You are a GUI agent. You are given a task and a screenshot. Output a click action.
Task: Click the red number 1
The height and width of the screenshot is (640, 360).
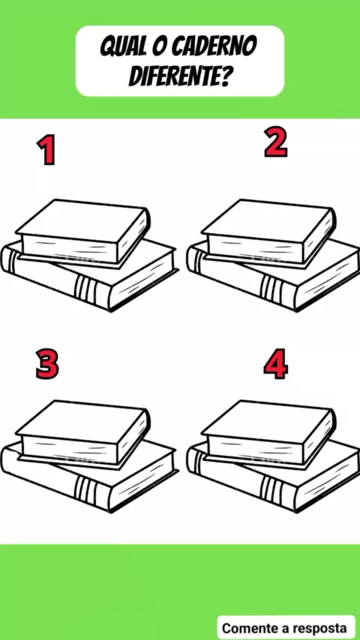[46, 150]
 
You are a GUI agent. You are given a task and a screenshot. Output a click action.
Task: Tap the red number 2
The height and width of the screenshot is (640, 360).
[276, 142]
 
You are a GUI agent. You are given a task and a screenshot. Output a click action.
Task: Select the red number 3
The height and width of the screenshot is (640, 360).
[47, 363]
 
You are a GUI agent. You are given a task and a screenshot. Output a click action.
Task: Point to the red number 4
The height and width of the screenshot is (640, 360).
[276, 363]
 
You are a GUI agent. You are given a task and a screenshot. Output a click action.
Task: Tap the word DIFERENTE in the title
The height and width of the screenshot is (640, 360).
[173, 76]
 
